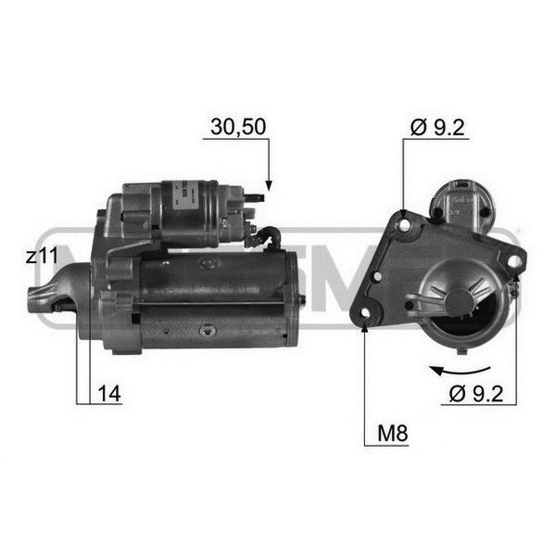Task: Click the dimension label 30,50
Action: (x=238, y=127)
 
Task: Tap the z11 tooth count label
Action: (x=42, y=256)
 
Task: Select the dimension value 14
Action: (x=109, y=394)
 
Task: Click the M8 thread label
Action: (x=393, y=433)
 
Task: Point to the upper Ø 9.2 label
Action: (x=437, y=127)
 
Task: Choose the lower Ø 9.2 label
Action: (x=476, y=394)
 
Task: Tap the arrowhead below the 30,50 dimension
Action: (x=269, y=185)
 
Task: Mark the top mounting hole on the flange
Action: (x=404, y=225)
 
